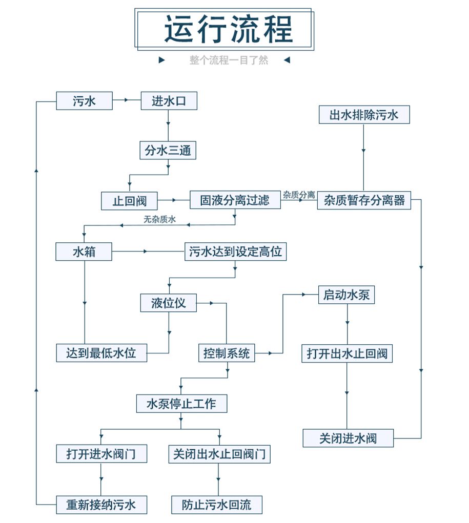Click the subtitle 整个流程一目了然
click(229, 60)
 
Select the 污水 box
click(84, 101)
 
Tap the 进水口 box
click(169, 101)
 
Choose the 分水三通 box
click(168, 151)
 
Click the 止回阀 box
click(130, 200)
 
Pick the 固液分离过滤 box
click(235, 200)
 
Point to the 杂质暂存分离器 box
click(364, 200)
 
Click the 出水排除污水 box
click(364, 114)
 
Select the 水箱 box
click(84, 252)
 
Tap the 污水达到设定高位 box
click(235, 252)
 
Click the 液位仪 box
click(168, 303)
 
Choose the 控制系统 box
click(227, 353)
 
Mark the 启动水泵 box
click(346, 295)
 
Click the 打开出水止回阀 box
click(347, 353)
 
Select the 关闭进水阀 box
click(348, 438)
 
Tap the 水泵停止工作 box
click(181, 403)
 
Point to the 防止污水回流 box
click(217, 505)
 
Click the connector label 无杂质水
click(160, 220)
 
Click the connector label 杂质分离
click(299, 195)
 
